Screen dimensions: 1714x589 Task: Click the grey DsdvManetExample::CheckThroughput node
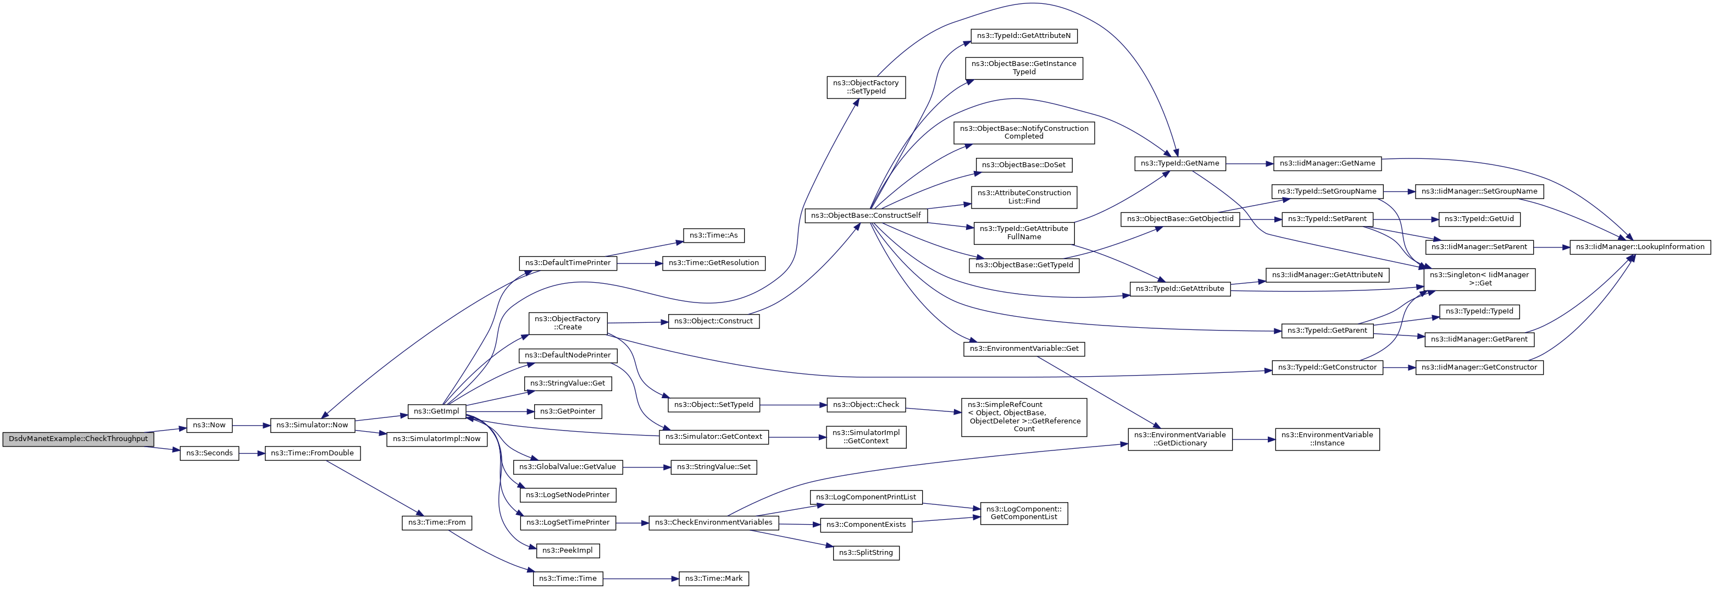79,439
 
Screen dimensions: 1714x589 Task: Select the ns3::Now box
209,425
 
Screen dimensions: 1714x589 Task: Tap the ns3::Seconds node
209,453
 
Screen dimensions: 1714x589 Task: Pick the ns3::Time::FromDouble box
313,453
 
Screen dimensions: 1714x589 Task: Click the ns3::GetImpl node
436,411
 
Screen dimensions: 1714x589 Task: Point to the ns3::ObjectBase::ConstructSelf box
866,216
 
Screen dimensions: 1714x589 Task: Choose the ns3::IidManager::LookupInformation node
1640,247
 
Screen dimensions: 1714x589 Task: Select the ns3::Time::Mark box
714,579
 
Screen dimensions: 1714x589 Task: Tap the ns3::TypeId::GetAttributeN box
1024,36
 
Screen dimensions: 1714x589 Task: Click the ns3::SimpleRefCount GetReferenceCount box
1024,417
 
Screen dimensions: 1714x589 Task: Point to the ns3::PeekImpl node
568,551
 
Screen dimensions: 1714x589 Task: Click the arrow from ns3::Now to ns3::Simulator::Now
251,425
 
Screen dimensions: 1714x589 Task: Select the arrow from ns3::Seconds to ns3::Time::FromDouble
252,453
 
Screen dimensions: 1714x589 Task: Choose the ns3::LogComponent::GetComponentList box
1024,513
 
